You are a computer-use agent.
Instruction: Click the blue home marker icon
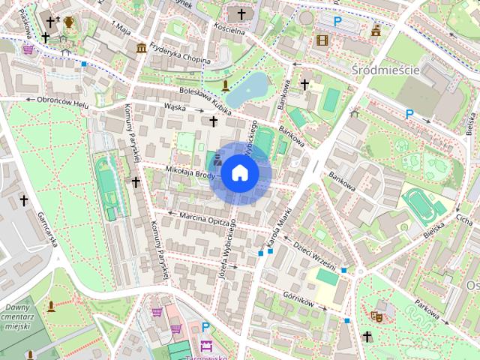239,172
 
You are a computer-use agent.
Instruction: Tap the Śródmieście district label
384,69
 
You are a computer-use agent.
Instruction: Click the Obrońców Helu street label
58,99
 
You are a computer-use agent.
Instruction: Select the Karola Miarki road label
273,232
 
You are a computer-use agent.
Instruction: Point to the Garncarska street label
47,228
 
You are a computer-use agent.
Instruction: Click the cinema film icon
322,40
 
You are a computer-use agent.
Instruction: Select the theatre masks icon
377,317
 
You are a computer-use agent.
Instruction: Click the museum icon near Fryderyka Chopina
141,49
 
